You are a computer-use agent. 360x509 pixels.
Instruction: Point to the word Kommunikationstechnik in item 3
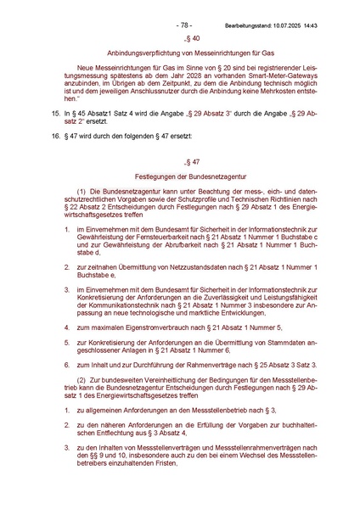click(104, 305)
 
